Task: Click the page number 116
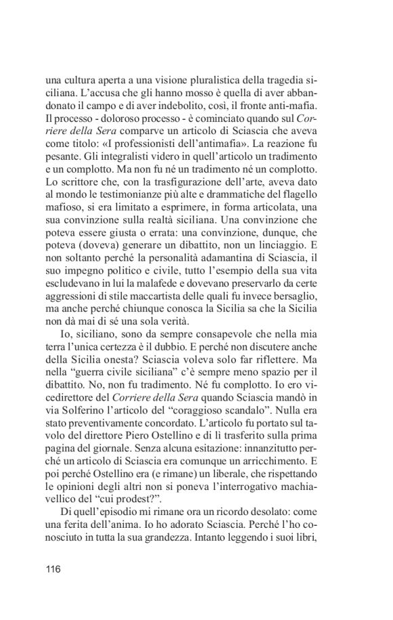tap(54, 568)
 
